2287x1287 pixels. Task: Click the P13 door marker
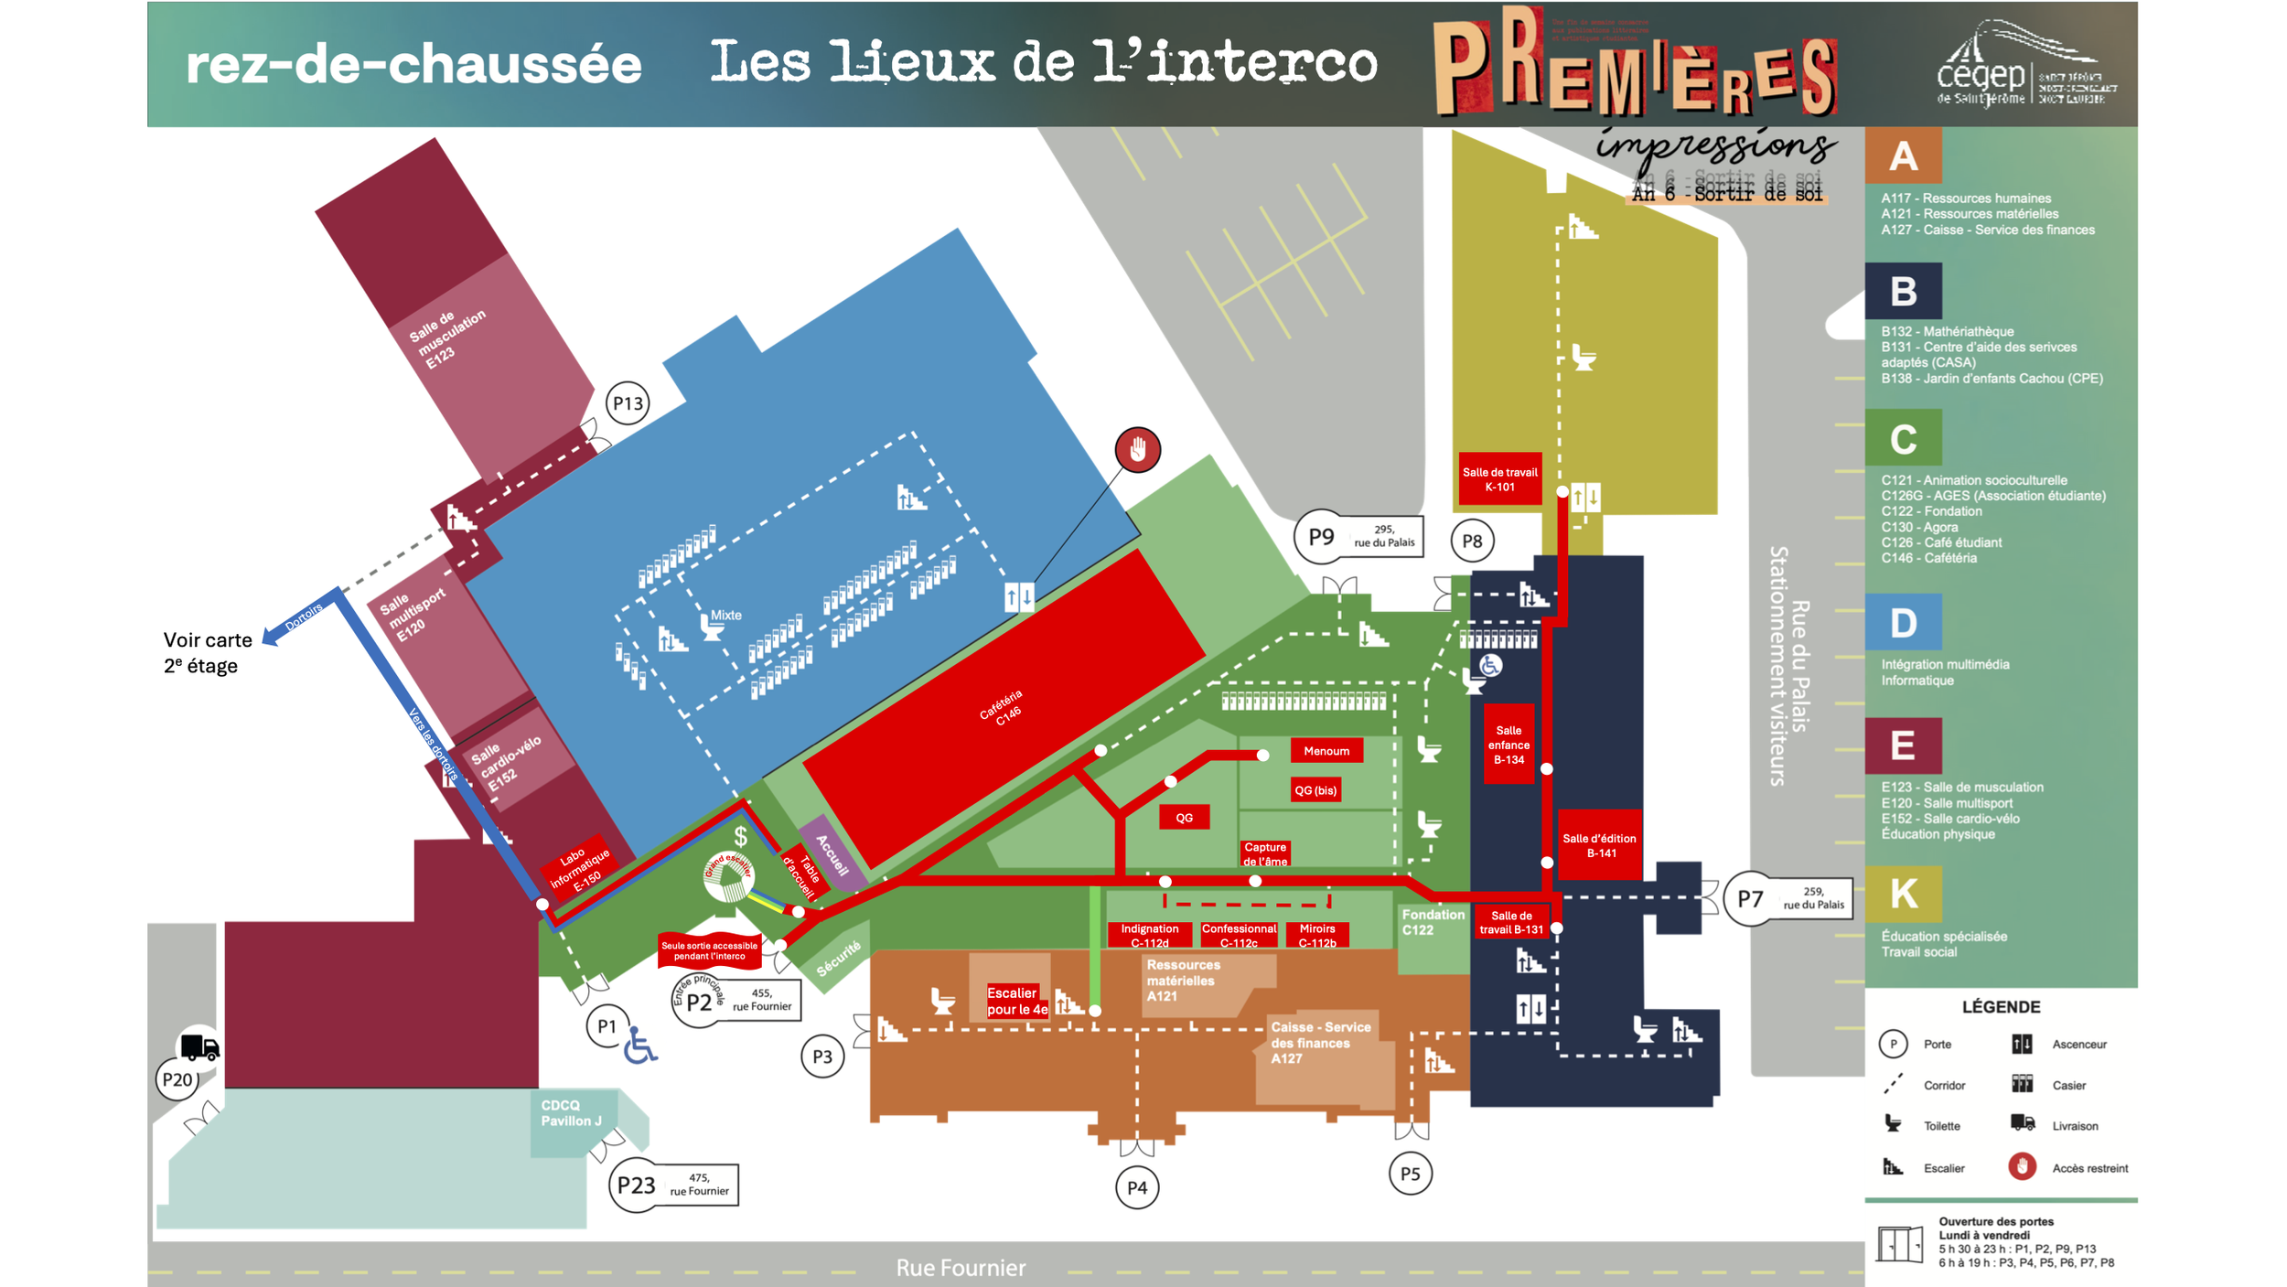tap(628, 403)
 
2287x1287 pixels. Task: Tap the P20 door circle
tap(177, 1079)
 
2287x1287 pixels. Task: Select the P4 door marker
tap(1137, 1187)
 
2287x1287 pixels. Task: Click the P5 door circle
tap(1410, 1174)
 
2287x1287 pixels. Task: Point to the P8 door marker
tap(1472, 541)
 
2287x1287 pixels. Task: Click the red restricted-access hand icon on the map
tap(1137, 450)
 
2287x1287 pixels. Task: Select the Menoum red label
tap(1326, 751)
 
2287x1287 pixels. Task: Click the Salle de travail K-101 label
tap(1499, 479)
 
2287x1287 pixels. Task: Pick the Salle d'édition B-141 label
tap(1599, 845)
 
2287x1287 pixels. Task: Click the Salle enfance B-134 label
tap(1509, 745)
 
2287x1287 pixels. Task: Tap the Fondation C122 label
tap(1433, 922)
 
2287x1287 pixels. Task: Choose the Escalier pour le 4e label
tap(1016, 1001)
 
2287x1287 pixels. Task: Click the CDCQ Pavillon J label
tap(571, 1113)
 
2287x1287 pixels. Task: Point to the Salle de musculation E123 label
tap(446, 338)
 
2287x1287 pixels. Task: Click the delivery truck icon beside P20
tap(199, 1046)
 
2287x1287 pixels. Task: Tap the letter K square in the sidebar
tap(1903, 894)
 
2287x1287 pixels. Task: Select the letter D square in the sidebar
tap(1903, 623)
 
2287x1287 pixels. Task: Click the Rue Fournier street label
tap(961, 1268)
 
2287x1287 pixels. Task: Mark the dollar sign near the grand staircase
tap(740, 836)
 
